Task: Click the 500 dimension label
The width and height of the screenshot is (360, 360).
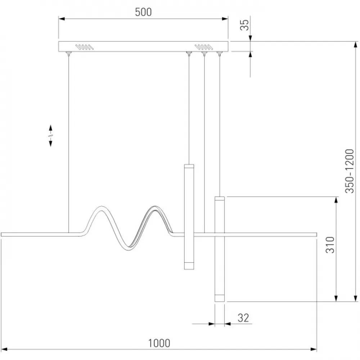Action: point(143,12)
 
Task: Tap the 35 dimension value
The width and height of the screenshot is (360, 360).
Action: point(244,25)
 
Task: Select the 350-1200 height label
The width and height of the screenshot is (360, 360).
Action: point(350,171)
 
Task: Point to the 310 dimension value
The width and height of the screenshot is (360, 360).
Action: point(330,245)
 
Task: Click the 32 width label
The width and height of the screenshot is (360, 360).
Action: point(243,318)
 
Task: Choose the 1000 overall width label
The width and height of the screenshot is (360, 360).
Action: point(159,343)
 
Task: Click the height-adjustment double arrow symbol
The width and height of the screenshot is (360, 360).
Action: point(50,136)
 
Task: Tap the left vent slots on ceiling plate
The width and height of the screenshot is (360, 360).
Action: point(85,47)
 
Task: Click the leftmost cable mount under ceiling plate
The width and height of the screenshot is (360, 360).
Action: point(68,54)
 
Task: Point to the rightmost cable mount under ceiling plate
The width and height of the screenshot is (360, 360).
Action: point(220,54)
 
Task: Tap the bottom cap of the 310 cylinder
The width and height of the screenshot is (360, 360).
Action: point(220,298)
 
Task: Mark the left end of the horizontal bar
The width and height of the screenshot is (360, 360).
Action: point(1,234)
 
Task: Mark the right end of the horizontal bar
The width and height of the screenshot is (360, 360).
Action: point(316,234)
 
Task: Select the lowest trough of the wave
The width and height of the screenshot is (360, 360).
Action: point(128,249)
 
